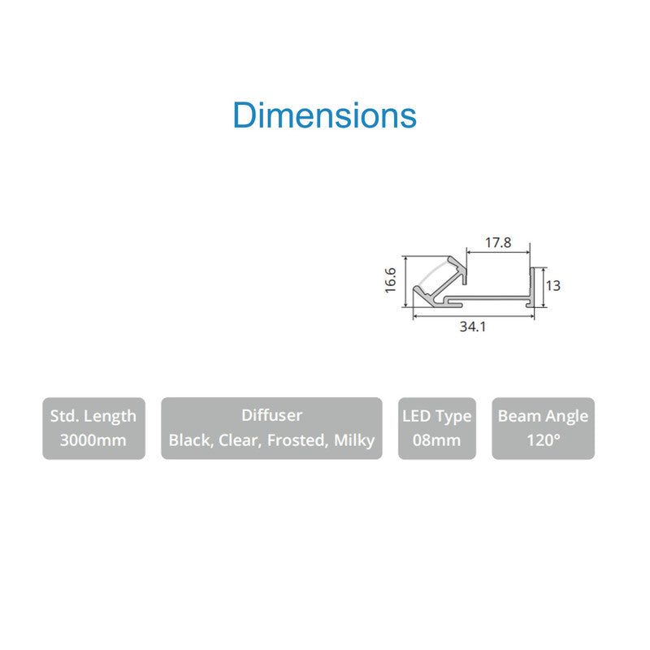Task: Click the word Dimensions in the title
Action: (324, 115)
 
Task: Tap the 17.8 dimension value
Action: (498, 242)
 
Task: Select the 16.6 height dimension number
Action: (391, 280)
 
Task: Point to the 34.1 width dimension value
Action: (473, 327)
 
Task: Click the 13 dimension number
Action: (553, 286)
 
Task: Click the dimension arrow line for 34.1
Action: (474, 317)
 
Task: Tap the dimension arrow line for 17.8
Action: (498, 252)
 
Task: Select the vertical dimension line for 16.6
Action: (405, 281)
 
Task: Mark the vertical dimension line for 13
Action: (544, 288)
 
